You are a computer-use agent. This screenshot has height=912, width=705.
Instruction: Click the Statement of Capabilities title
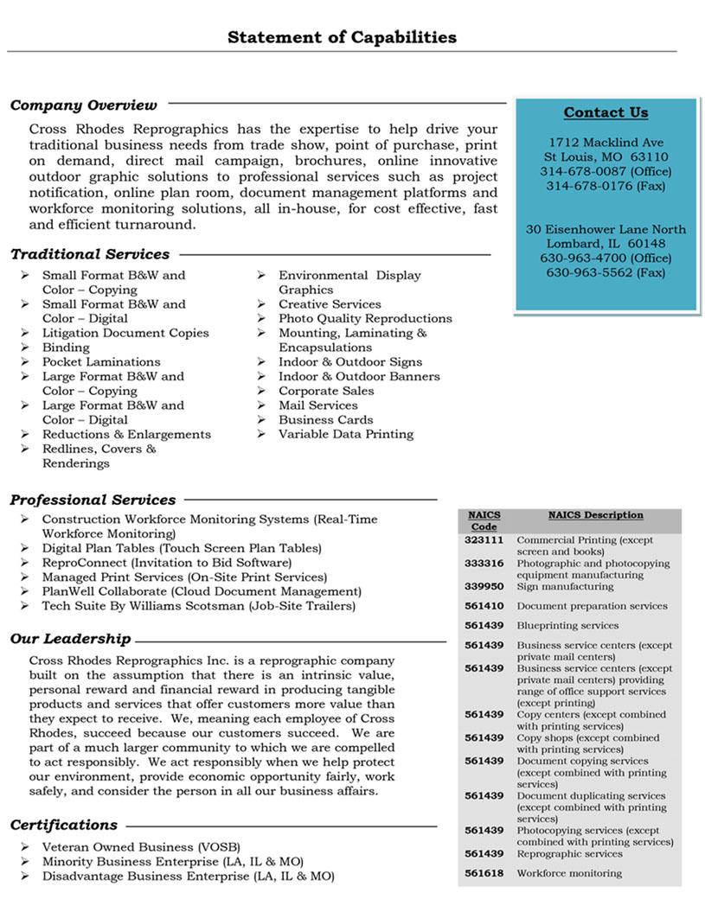click(x=342, y=37)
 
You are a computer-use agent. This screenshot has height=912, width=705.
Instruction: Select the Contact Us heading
click(x=606, y=112)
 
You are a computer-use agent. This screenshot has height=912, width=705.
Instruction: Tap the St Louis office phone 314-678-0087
click(x=606, y=171)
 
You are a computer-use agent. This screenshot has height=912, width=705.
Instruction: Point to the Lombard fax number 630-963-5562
click(x=606, y=272)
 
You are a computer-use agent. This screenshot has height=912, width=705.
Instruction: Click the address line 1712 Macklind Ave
click(x=606, y=142)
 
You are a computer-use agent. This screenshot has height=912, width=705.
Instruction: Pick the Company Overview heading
click(x=84, y=105)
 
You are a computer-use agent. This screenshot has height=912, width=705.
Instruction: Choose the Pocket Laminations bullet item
click(x=101, y=362)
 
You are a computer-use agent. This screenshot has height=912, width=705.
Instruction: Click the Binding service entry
click(x=66, y=348)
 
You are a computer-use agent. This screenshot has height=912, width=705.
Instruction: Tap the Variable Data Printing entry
click(x=346, y=434)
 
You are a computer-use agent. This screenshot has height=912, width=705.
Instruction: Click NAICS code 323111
click(x=484, y=540)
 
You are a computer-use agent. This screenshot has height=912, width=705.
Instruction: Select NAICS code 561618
click(x=484, y=873)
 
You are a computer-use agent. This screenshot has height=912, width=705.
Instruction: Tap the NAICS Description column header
click(x=595, y=515)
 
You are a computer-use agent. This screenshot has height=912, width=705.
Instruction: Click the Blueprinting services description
click(x=567, y=625)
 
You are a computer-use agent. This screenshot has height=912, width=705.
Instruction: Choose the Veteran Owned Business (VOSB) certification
click(x=141, y=846)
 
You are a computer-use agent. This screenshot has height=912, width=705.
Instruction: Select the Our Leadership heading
click(x=71, y=639)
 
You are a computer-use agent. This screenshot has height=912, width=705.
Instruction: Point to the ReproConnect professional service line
click(x=155, y=562)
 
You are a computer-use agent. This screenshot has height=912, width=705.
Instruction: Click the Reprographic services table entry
click(x=569, y=853)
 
